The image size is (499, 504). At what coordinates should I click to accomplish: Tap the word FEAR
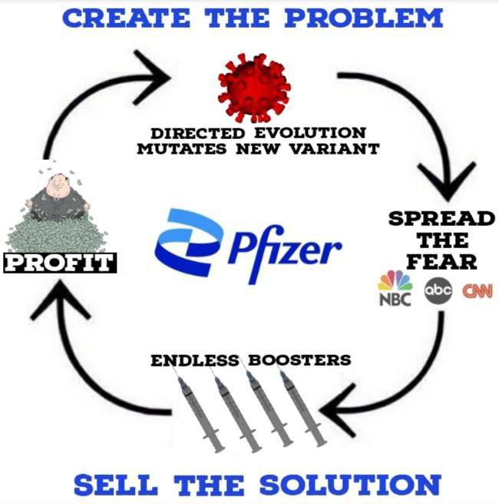pyautogui.click(x=441, y=261)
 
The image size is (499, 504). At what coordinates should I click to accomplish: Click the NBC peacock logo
pyautogui.click(x=395, y=289)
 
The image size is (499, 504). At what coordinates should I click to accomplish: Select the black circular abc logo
pyautogui.click(x=438, y=291)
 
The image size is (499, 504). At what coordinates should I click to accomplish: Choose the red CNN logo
pyautogui.click(x=477, y=291)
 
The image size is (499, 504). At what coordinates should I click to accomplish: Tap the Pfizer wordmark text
pyautogui.click(x=284, y=247)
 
